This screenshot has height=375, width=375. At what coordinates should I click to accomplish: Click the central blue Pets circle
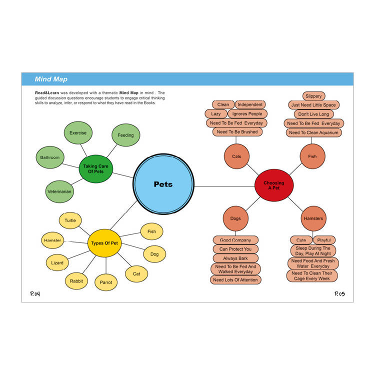point(163,184)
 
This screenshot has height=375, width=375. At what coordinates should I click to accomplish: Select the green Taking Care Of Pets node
point(95,169)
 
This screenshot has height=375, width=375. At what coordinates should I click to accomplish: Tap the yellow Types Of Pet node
point(104,243)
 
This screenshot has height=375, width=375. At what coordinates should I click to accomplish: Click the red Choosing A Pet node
point(274,185)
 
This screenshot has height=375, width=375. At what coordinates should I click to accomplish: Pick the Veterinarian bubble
point(59,191)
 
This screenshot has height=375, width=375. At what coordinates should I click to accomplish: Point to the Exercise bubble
point(78,132)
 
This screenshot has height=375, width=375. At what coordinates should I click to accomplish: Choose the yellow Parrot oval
point(106,282)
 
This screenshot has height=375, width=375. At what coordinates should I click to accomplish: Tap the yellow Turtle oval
point(70,220)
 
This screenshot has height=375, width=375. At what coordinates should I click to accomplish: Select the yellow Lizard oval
point(57,262)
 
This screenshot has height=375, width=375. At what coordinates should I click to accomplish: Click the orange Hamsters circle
point(313,218)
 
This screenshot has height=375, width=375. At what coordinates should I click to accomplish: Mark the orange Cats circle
point(236,156)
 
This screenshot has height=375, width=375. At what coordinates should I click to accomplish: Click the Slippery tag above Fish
point(314,96)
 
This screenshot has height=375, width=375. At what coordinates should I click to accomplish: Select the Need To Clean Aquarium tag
point(314,132)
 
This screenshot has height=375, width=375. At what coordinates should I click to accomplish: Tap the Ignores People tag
point(247,114)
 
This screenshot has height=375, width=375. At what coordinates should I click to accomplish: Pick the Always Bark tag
point(235,258)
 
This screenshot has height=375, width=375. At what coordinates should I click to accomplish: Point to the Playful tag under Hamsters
point(324,240)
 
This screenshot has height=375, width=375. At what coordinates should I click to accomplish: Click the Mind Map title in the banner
point(51,79)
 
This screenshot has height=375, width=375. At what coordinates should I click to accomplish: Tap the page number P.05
point(339,293)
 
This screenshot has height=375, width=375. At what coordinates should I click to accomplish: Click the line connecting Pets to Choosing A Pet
point(224,186)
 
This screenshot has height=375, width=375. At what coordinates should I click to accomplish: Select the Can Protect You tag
point(235,249)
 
